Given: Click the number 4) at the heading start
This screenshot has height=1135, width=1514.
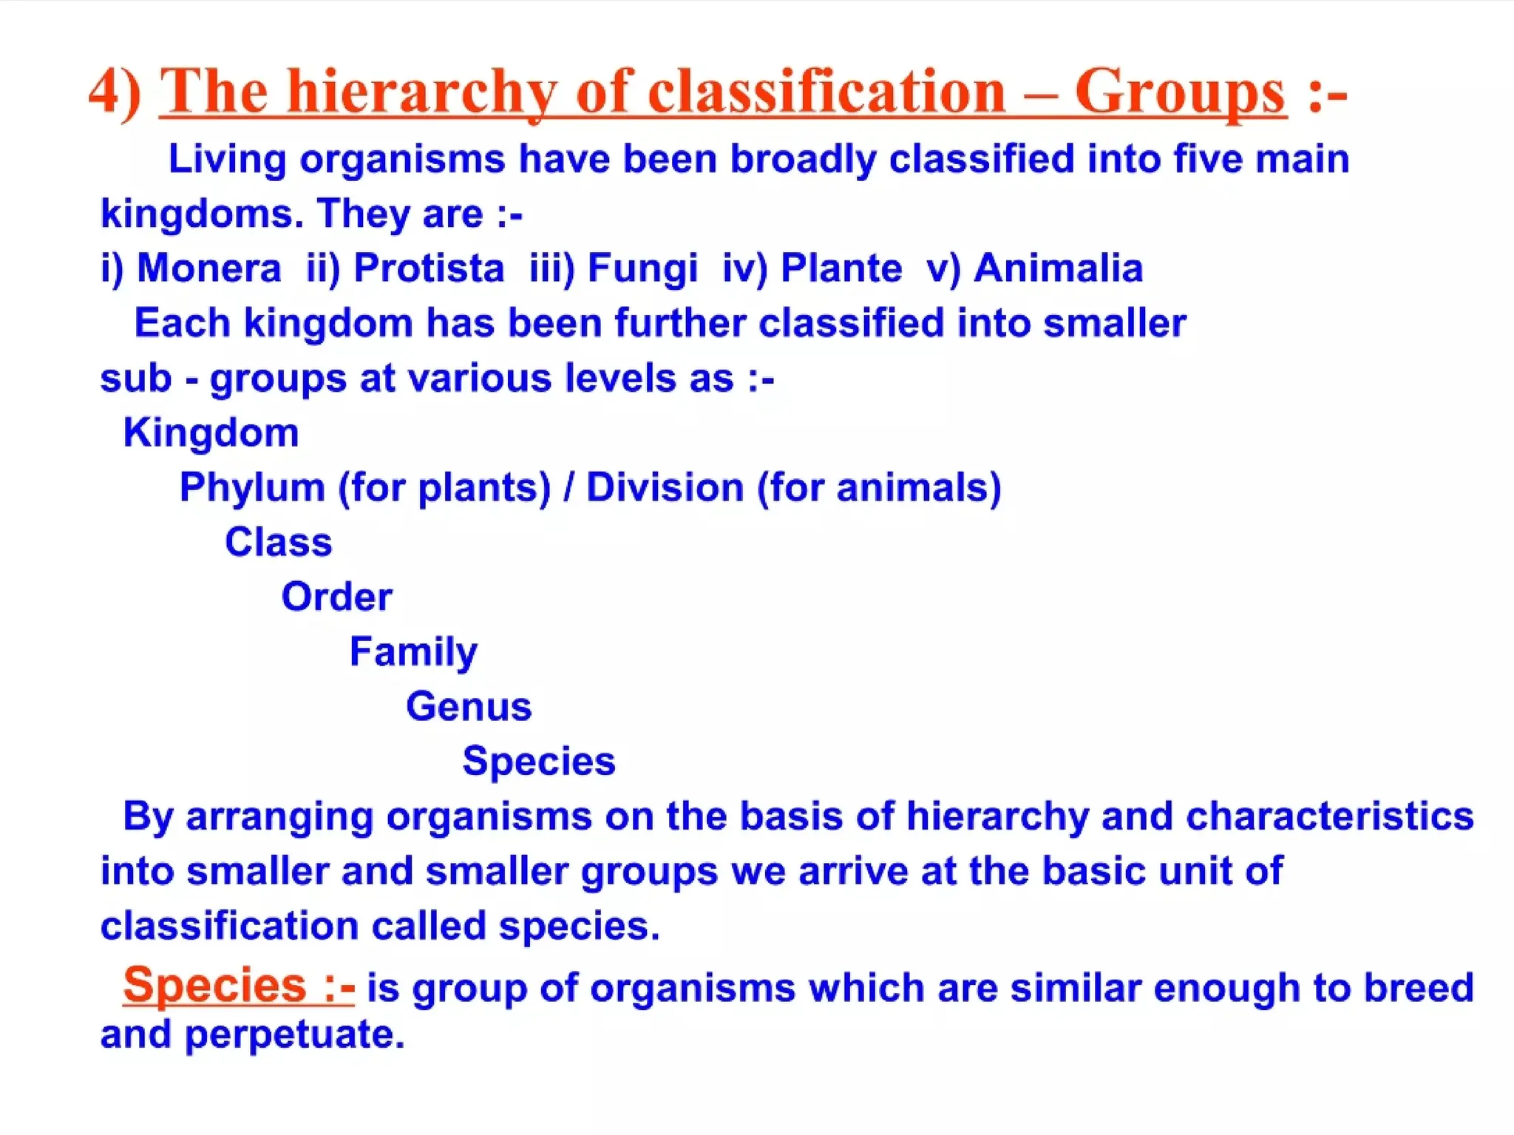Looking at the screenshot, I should click(115, 92).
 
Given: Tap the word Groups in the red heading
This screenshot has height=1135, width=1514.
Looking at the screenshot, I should click(1180, 92).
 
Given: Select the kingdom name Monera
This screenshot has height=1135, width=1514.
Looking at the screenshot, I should click(209, 268).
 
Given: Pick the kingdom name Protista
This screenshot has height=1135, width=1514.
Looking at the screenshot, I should click(429, 268).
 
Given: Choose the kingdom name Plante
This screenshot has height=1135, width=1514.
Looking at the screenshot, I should click(841, 268).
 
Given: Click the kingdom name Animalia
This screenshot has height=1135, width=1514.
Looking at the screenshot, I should click(1058, 268).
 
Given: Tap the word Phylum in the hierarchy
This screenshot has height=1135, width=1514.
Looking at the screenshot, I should click(251, 488).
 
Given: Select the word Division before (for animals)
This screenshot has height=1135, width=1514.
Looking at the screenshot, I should click(665, 488).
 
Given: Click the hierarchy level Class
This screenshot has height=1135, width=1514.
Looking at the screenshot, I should click(279, 542).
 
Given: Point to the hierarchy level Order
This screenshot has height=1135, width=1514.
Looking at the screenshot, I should click(336, 597).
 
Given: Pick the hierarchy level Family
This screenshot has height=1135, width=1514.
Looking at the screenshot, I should click(413, 652).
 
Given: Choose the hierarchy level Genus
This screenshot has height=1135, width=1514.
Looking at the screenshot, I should click(469, 706).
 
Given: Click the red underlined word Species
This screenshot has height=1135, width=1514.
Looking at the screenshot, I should click(214, 985).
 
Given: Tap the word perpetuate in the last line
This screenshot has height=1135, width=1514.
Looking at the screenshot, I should click(294, 1034).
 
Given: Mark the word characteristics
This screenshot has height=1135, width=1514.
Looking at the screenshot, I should click(1330, 816).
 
